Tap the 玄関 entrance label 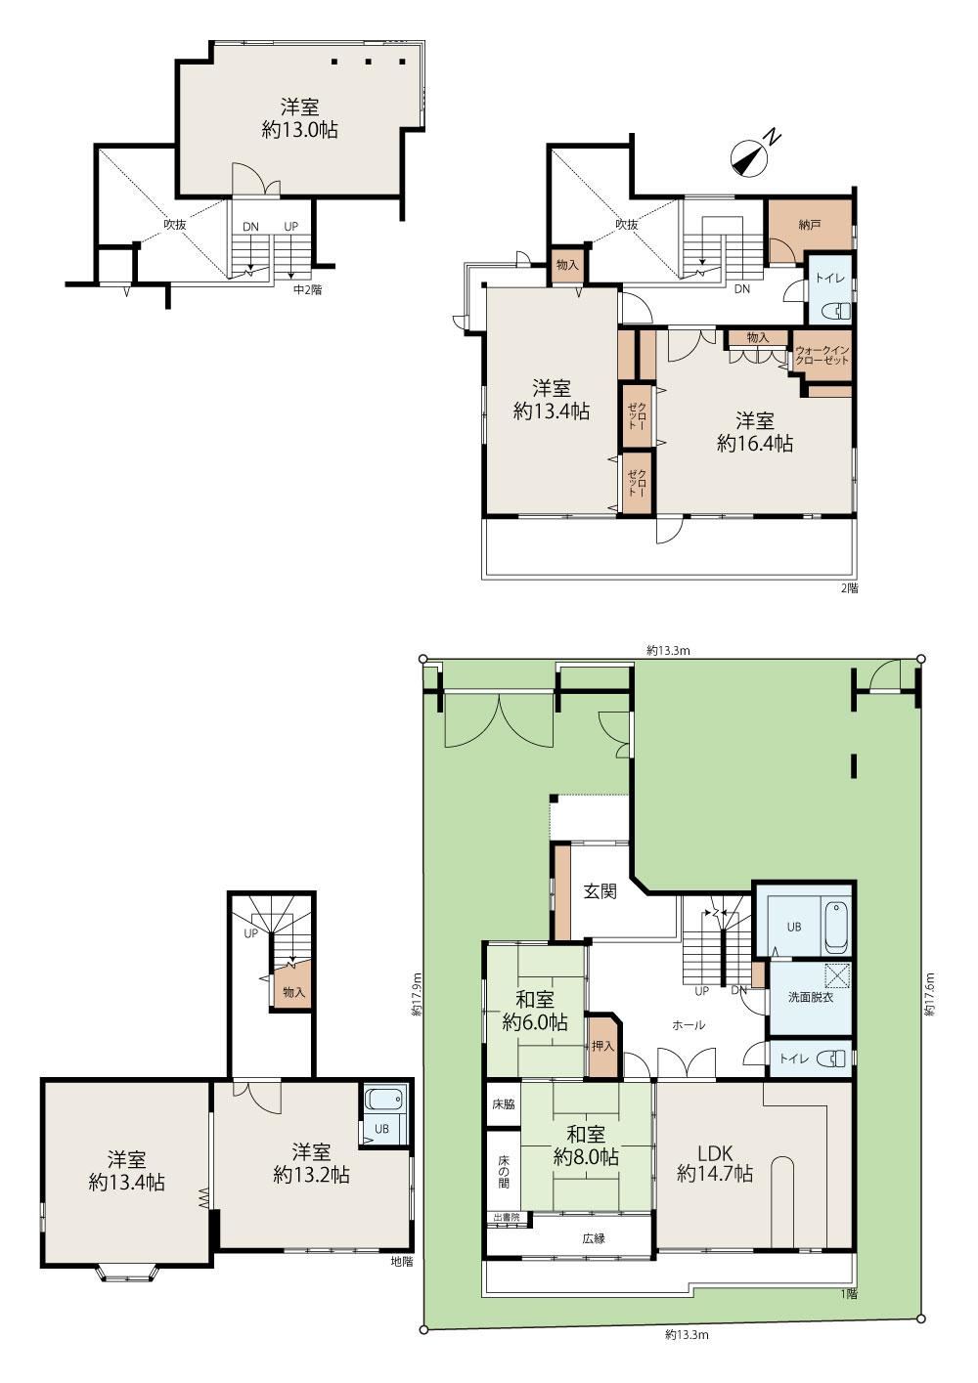point(600,891)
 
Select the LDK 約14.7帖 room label point(715,1162)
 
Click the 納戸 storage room point(809,225)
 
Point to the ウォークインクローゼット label point(822,355)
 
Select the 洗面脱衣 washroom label point(810,997)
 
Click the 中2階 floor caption point(307,289)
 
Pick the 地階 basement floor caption point(402,1262)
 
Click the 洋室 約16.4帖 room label point(755,432)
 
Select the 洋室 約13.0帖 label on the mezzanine point(299,118)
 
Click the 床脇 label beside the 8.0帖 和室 point(504,1104)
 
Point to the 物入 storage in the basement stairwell point(293,993)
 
